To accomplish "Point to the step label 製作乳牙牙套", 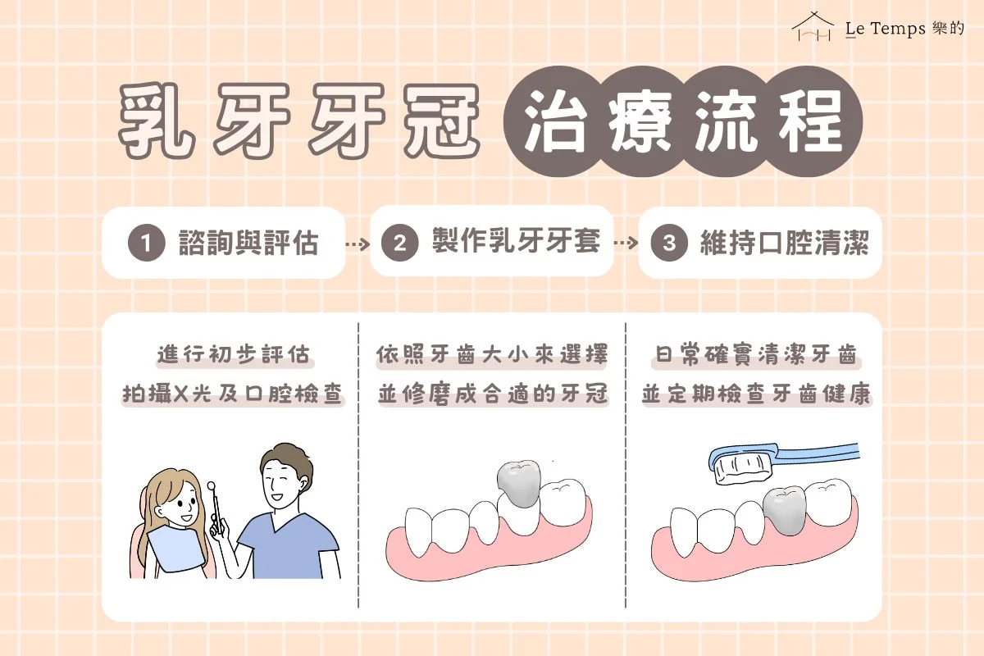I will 516,243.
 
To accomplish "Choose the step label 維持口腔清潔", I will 784,244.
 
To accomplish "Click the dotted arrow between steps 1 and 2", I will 357,244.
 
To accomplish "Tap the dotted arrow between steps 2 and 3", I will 626,244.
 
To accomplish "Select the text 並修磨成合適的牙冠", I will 493,394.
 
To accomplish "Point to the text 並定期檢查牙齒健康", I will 756,394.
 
